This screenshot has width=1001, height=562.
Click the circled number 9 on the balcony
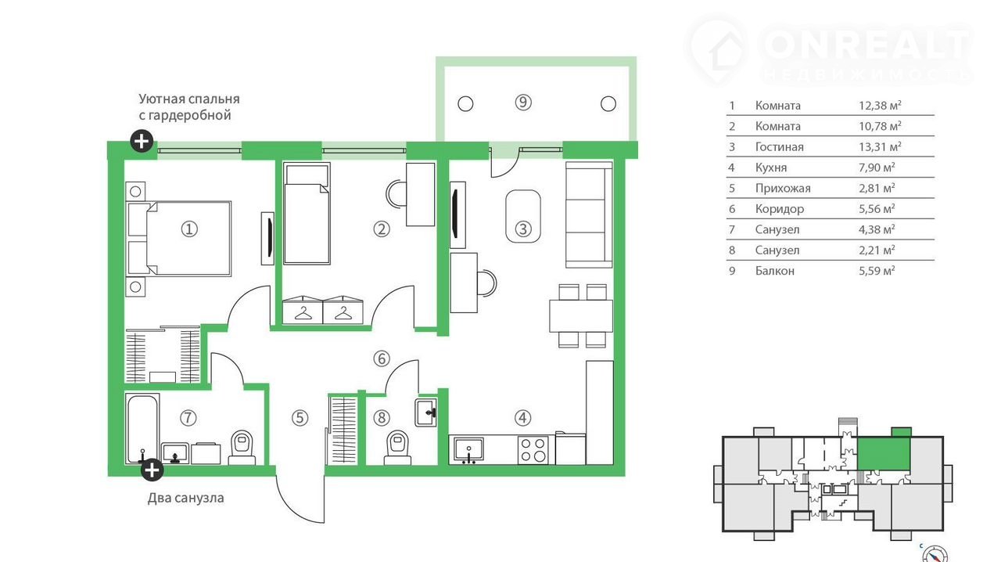pyautogui.click(x=523, y=103)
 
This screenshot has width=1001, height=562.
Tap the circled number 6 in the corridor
pyautogui.click(x=381, y=358)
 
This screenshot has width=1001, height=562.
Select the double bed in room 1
pyautogui.click(x=179, y=239)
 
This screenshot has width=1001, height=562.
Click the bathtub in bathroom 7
pyautogui.click(x=142, y=429)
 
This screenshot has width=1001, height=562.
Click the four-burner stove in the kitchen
pyautogui.click(x=534, y=450)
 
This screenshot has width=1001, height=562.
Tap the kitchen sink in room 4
pyautogui.click(x=468, y=450)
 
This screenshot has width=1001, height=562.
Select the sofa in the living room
pyautogui.click(x=589, y=214)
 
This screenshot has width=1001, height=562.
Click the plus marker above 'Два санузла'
pyautogui.click(x=152, y=470)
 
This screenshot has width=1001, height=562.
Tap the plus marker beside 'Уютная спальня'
pyautogui.click(x=142, y=141)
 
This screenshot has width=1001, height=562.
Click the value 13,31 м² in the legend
pyautogui.click(x=880, y=146)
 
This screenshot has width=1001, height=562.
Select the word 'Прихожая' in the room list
pyautogui.click(x=783, y=189)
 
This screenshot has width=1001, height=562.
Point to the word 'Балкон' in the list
pyautogui.click(x=774, y=271)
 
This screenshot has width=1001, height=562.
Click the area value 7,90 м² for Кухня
pyautogui.click(x=877, y=168)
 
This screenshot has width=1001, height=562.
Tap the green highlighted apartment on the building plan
pyautogui.click(x=884, y=454)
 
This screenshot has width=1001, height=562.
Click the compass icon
pyautogui.click(x=935, y=554)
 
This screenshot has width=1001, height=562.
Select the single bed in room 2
pyautogui.click(x=307, y=214)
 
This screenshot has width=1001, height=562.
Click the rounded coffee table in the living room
pyautogui.click(x=523, y=217)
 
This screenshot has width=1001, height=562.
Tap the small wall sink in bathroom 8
pyautogui.click(x=426, y=412)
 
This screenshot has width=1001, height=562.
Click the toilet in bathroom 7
pyautogui.click(x=242, y=448)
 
